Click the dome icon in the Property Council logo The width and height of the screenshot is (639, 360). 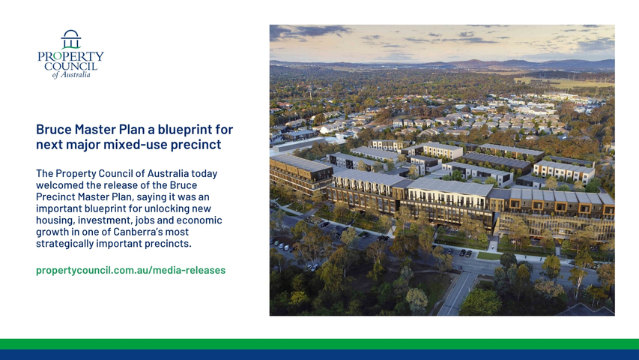point(71,39)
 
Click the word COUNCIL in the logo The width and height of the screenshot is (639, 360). point(71,66)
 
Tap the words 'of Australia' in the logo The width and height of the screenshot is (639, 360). point(71,75)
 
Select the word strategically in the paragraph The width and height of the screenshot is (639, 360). point(64,244)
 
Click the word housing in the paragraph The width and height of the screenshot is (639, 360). point(55,220)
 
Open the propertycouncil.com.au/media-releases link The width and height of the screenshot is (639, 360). point(131,270)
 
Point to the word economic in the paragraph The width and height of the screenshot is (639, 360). point(202,220)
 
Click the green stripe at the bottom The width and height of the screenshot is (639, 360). point(319,343)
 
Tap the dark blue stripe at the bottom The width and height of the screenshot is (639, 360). point(319,355)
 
